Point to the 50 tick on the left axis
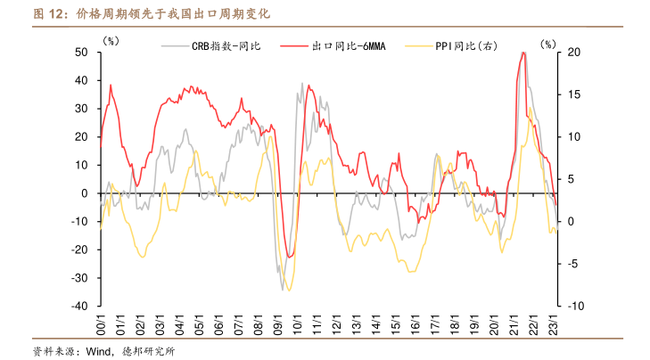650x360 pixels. pos(80,53)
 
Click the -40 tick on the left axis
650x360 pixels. pos(78,306)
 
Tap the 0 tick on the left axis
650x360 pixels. pos(85,193)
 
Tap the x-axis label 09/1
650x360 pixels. pos(279,323)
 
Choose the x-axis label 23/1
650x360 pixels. pos(555,323)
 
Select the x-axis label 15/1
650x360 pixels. pos(397,323)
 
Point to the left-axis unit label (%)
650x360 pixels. pos(111,41)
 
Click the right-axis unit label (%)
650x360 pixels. pos(547,41)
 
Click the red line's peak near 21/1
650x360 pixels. pos(522,53)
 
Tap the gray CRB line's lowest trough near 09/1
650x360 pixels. pos(284,290)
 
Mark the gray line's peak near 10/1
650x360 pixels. pos(301,83)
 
